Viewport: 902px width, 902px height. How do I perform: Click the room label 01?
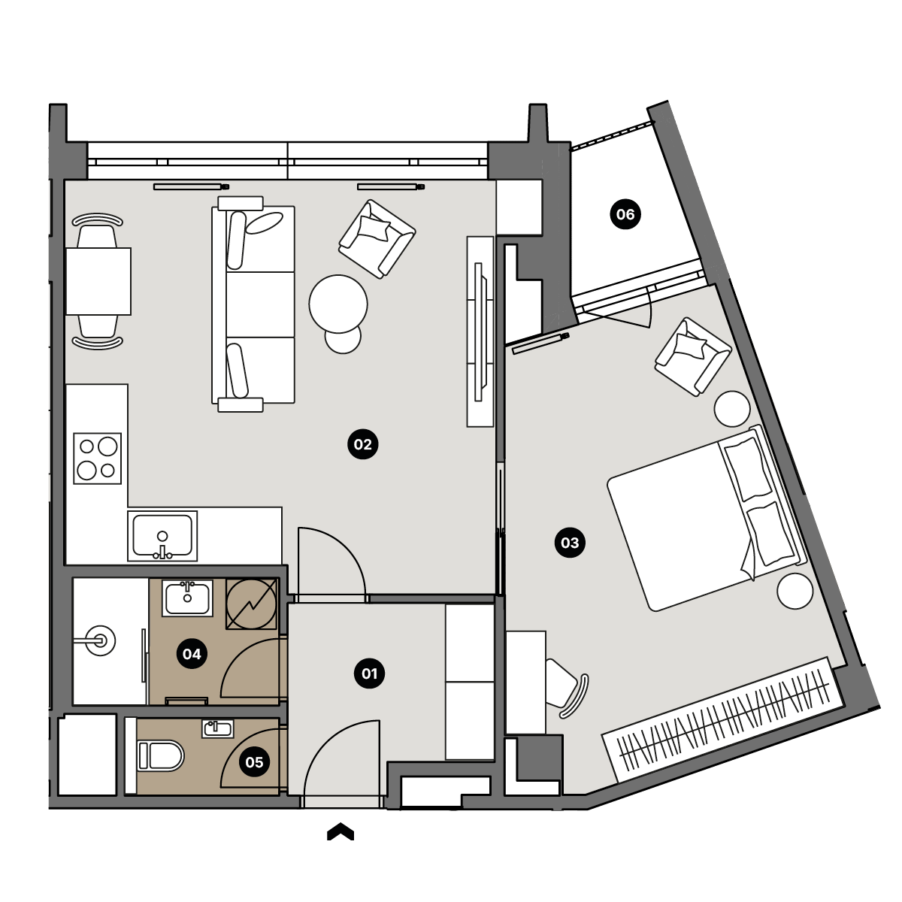(369, 673)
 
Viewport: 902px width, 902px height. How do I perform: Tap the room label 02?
(363, 443)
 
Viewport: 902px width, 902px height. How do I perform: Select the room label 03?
(570, 543)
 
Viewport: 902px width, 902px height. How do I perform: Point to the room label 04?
(192, 653)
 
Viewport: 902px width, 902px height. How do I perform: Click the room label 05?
(254, 762)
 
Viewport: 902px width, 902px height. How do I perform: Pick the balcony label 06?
(625, 214)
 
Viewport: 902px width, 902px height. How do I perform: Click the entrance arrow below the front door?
(341, 831)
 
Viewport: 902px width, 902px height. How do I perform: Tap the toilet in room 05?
(160, 756)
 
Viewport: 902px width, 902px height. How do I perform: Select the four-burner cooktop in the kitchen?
(98, 459)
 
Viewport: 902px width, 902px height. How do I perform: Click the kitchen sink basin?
(162, 535)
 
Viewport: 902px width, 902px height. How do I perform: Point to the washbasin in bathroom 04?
(187, 598)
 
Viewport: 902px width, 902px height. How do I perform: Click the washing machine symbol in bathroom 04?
(251, 604)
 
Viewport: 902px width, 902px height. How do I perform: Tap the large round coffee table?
(338, 304)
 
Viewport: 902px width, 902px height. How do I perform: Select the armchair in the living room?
(377, 239)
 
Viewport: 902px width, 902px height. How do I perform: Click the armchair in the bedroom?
(693, 356)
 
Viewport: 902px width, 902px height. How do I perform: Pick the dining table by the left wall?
(98, 281)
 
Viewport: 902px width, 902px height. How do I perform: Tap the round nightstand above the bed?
(731, 409)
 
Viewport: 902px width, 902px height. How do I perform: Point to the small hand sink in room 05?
(218, 729)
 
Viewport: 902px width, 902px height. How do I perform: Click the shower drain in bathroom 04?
(100, 640)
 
